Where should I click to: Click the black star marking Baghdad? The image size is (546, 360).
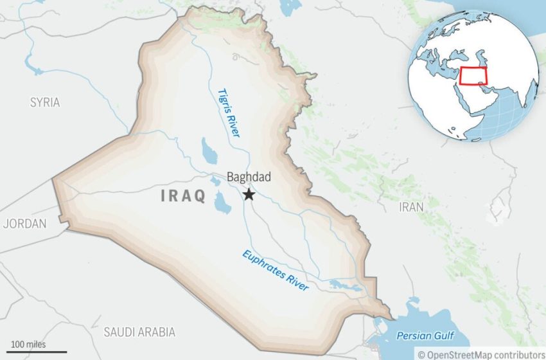tap(249, 194)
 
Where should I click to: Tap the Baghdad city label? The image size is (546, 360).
tap(249, 177)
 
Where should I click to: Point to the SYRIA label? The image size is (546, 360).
tap(45, 102)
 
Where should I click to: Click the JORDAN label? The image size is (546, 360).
tap(25, 224)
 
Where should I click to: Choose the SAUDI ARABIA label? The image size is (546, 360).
tap(139, 332)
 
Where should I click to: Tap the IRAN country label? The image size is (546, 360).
tap(412, 207)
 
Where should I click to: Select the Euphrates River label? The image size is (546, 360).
tap(276, 269)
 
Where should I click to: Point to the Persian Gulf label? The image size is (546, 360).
tap(425, 336)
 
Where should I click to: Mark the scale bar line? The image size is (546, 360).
tap(33, 351)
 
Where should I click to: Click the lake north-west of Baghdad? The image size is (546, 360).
tap(209, 150)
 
